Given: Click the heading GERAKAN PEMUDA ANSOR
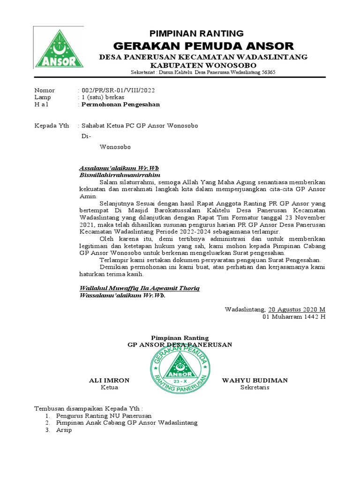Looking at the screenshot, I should coord(204,46).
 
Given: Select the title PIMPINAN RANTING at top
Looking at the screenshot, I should coord(196,33).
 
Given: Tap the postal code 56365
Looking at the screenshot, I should coord(268,73).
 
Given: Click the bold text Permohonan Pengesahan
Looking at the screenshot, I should coord(120,105).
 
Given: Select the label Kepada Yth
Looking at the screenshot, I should coord(52,126).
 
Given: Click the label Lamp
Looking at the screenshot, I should coord(42,97).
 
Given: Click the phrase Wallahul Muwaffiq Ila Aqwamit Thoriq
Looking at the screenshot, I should coord(140,288).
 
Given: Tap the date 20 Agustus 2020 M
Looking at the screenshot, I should coord(296,309).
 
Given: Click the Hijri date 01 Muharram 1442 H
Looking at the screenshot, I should coord(293,317).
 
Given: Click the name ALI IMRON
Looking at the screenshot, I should coord(109,380).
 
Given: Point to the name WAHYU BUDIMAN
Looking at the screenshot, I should coord(255,380).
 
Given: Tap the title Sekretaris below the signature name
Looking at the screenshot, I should coord(255,388).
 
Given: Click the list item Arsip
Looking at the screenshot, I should coord(64,430).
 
